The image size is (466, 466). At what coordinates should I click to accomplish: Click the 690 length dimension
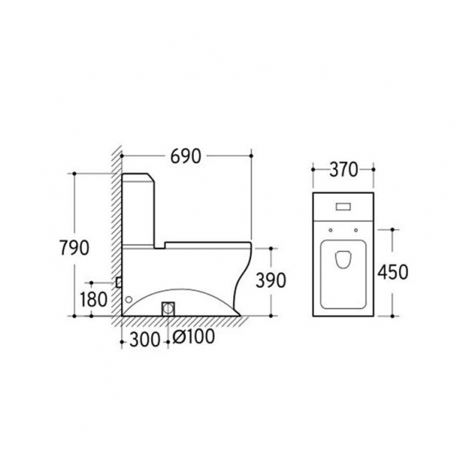point(186,156)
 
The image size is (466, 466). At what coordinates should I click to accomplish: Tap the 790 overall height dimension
point(74,248)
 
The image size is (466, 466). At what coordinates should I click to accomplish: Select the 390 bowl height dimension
point(271,280)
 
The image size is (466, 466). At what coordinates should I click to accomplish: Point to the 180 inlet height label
point(93,299)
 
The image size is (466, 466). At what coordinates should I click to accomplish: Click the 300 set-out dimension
point(145,339)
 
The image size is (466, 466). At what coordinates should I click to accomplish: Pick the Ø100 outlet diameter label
point(194,337)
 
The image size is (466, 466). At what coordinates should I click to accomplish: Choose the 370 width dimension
point(343,170)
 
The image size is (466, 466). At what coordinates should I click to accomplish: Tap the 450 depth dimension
point(393,272)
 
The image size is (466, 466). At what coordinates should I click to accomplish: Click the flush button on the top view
point(343,207)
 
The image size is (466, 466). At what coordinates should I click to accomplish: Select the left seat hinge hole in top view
point(330,230)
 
